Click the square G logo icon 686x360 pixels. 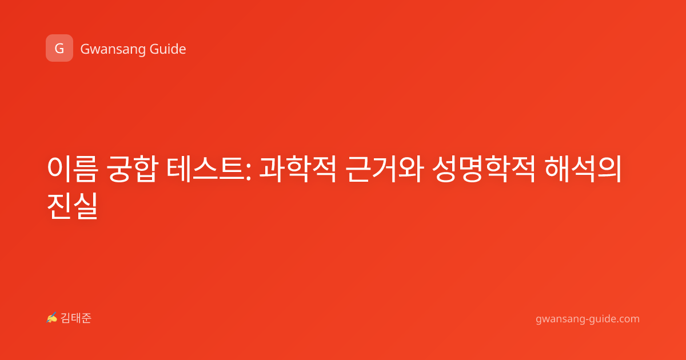[x=59, y=48]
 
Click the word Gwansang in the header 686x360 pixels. [x=113, y=50]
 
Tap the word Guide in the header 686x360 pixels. [x=168, y=49]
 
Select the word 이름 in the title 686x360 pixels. [x=73, y=169]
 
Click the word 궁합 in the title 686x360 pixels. [x=132, y=169]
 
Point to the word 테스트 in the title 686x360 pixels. [x=206, y=169]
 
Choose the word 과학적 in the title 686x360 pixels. [x=298, y=169]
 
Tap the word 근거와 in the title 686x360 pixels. [x=385, y=169]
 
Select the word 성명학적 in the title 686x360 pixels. [x=484, y=169]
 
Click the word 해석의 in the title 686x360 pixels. [x=583, y=169]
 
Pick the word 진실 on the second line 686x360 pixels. [x=73, y=206]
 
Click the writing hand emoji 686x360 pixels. [x=52, y=318]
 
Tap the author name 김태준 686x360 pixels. [x=76, y=318]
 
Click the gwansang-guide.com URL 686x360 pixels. [x=588, y=319]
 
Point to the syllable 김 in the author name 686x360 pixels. [x=66, y=318]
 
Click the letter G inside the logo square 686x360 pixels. [x=59, y=49]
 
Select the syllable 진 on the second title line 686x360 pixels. [x=59, y=206]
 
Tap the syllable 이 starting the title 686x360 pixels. [x=59, y=169]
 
